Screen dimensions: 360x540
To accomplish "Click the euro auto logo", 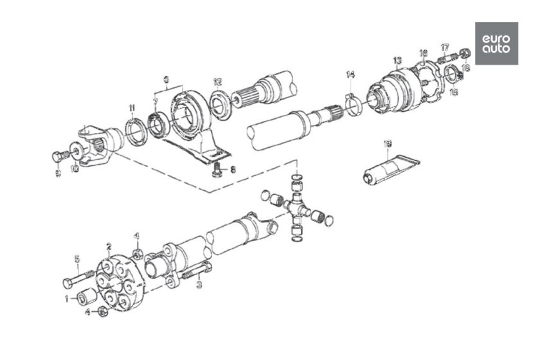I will click(x=496, y=43).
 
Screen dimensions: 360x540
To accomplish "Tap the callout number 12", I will click(x=217, y=82).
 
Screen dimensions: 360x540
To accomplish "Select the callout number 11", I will click(x=131, y=107).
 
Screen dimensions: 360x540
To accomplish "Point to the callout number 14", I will click(x=350, y=75).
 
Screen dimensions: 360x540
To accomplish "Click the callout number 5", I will click(x=76, y=259).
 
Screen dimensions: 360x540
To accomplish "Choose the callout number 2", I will click(x=109, y=246).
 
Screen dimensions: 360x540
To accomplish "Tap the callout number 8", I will click(x=233, y=170).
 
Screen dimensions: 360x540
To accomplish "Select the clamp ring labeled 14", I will click(x=351, y=103).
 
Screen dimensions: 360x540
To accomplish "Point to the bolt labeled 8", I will click(x=217, y=168).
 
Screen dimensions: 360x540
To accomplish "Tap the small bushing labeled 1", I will click(x=85, y=298).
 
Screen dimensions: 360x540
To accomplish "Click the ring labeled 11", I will click(x=136, y=132).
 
